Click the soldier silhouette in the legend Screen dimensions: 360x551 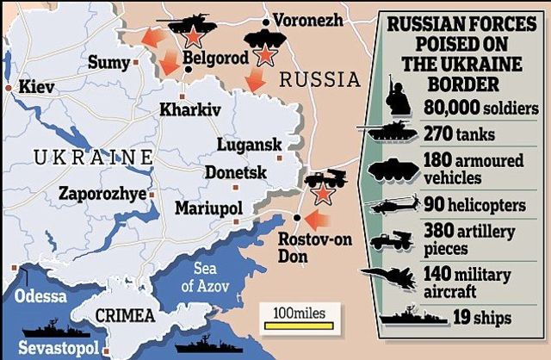(398, 99)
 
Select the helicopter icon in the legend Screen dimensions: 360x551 (393, 206)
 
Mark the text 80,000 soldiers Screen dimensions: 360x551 (481, 108)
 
